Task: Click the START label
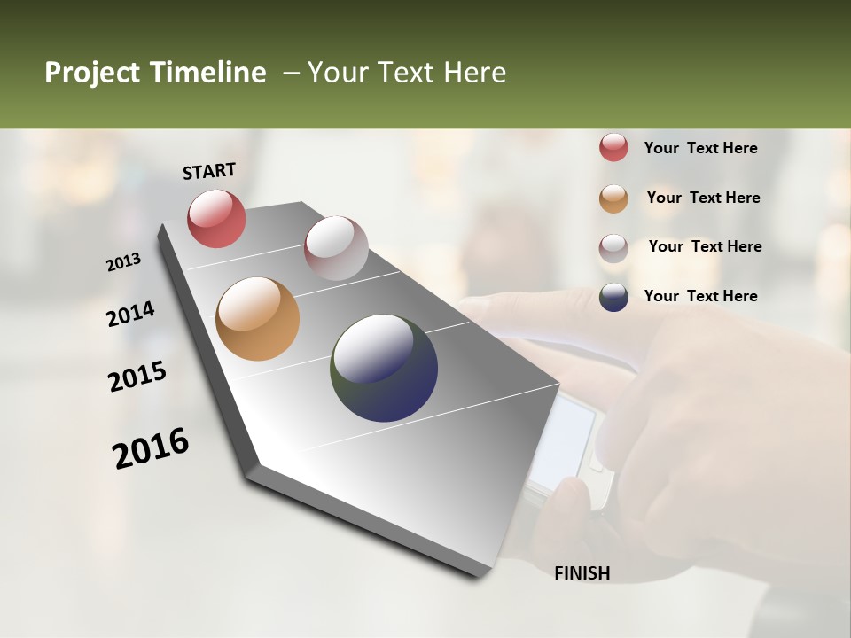209,171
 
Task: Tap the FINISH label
582,573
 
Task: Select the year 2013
123,262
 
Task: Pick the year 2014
130,314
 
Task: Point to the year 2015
137,377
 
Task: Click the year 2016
151,448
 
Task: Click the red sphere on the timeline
216,218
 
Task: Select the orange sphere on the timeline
257,319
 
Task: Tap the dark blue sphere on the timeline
384,368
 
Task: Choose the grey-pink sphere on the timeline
336,248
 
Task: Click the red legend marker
613,148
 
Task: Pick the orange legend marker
613,198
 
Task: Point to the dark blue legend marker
613,297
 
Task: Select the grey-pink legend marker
613,248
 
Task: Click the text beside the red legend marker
700,148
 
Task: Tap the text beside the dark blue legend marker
700,296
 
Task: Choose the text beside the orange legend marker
703,198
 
